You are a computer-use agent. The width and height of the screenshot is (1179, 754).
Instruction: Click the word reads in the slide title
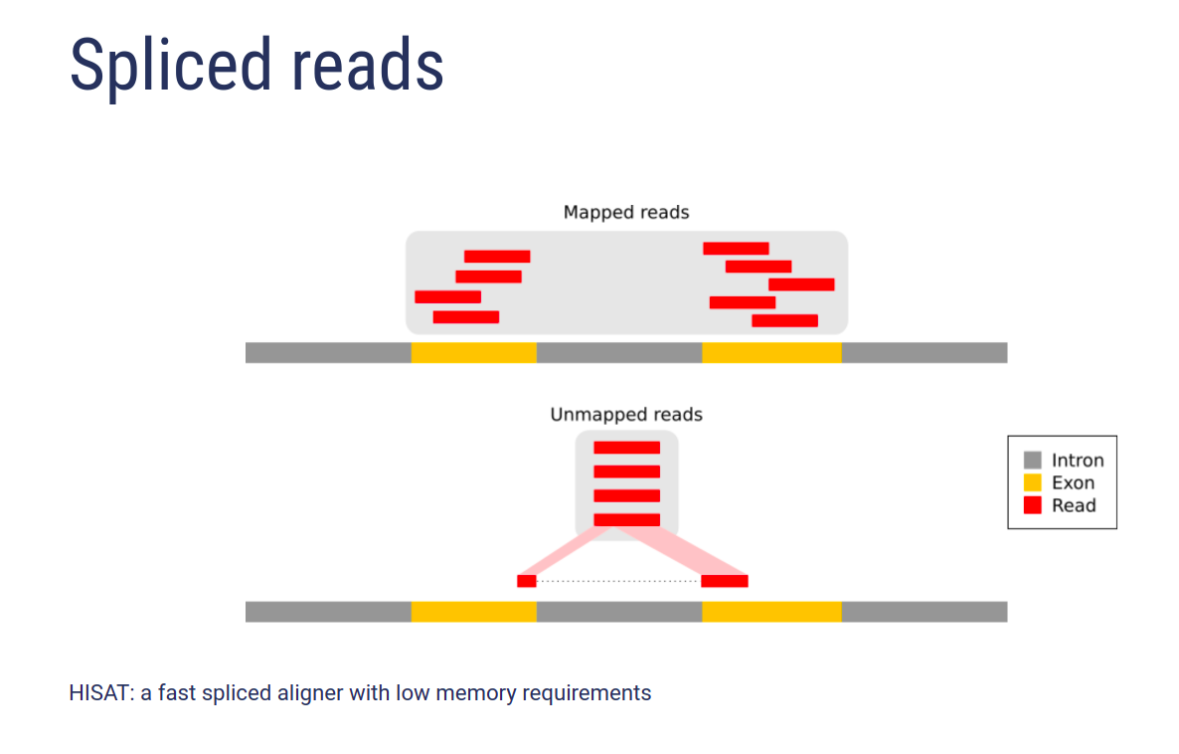pos(368,67)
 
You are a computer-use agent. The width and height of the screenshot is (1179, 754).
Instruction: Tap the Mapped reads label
pos(626,213)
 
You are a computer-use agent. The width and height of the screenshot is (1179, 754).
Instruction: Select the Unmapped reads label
pos(626,415)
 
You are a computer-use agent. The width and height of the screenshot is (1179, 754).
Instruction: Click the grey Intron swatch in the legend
pos(1033,460)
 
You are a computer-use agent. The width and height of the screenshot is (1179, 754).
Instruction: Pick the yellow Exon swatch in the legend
pos(1033,482)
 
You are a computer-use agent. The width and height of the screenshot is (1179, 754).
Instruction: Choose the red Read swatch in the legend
pos(1033,505)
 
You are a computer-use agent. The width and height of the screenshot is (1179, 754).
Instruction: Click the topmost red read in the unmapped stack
pos(627,448)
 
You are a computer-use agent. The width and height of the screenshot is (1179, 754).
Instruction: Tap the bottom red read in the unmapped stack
pos(627,520)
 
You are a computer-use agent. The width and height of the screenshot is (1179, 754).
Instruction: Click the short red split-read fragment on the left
pos(526,581)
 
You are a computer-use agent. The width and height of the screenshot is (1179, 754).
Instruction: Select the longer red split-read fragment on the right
pos(725,581)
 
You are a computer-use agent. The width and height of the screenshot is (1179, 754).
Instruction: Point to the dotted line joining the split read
pos(618,581)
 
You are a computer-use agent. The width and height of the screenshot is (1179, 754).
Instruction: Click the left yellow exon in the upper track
pos(474,352)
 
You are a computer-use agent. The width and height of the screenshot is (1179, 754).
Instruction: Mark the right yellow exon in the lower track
pos(771,612)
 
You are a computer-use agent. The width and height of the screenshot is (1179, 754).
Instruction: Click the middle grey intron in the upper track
pos(619,352)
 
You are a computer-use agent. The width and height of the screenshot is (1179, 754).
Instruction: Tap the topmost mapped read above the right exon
pos(736,249)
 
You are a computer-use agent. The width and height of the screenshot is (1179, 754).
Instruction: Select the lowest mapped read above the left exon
pos(466,316)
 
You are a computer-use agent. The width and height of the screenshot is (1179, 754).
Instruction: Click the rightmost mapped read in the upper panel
pos(801,284)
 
